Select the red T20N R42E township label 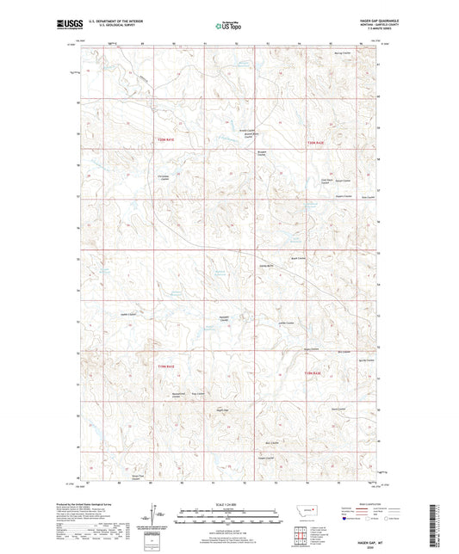[x=317, y=143]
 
